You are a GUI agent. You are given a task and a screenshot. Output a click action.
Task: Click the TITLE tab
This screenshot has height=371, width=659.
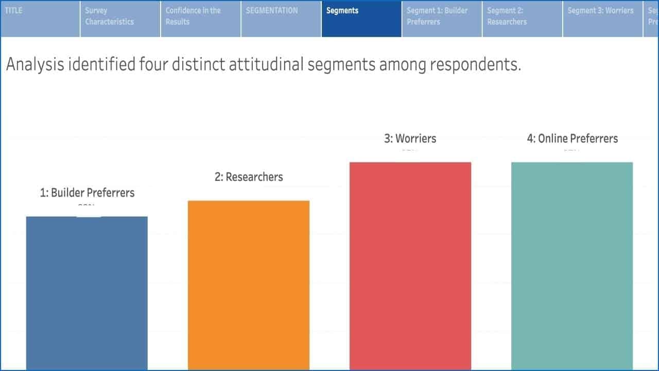pyautogui.click(x=40, y=18)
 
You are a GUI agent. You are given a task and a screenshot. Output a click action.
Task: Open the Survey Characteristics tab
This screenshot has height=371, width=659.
pyautogui.click(x=120, y=18)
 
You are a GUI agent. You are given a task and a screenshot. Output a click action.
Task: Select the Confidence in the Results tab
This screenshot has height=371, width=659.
pyautogui.click(x=201, y=18)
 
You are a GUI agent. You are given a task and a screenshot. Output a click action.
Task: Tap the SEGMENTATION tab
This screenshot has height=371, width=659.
pyautogui.click(x=281, y=18)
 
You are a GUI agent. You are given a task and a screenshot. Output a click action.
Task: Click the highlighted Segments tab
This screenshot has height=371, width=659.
pyautogui.click(x=361, y=18)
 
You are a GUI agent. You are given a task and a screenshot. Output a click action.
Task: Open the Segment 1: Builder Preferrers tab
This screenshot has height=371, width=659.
pyautogui.click(x=442, y=18)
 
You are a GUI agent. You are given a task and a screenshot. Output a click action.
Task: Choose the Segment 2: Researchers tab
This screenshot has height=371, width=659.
pyautogui.click(x=522, y=18)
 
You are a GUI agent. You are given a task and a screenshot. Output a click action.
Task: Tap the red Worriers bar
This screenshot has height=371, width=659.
pyautogui.click(x=410, y=266)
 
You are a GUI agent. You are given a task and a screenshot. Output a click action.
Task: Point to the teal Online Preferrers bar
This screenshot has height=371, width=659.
pyautogui.click(x=572, y=266)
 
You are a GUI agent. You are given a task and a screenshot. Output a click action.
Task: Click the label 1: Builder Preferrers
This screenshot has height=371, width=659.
pyautogui.click(x=87, y=193)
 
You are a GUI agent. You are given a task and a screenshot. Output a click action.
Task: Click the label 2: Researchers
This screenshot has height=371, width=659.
pyautogui.click(x=249, y=177)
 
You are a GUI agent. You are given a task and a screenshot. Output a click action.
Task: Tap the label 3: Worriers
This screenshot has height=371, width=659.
pyautogui.click(x=410, y=139)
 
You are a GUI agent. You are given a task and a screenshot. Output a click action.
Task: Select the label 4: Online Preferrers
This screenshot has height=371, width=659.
pyautogui.click(x=572, y=139)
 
